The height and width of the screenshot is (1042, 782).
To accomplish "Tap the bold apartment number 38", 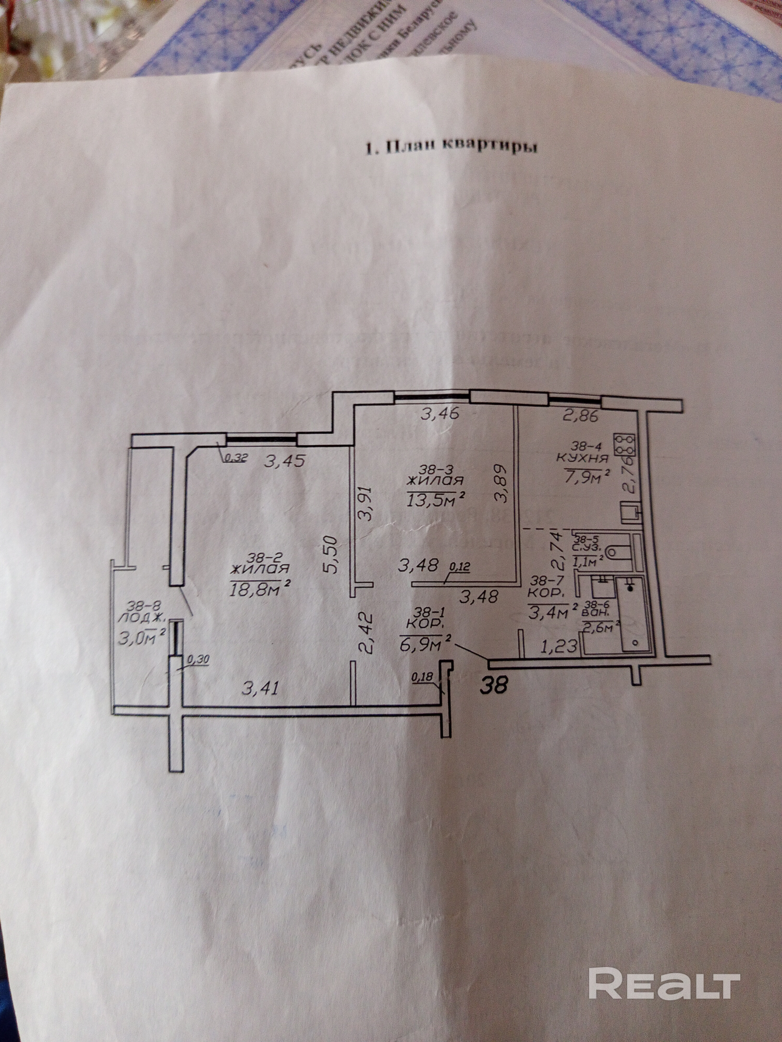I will pyautogui.click(x=494, y=686).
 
